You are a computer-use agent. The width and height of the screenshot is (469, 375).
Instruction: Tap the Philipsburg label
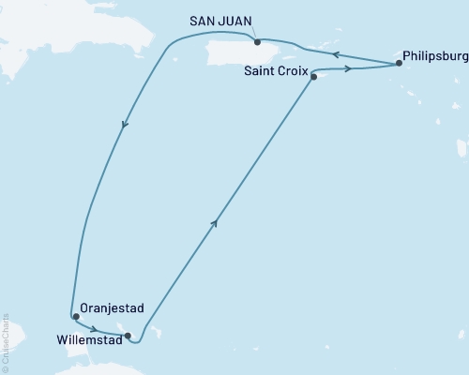(x=432, y=55)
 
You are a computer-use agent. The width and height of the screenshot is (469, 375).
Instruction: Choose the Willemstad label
(x=87, y=335)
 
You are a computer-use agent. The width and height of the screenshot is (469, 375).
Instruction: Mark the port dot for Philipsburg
(x=400, y=64)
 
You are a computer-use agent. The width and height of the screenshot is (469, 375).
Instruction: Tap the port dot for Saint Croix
(x=313, y=77)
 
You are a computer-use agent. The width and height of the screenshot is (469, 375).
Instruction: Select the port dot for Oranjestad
(x=76, y=317)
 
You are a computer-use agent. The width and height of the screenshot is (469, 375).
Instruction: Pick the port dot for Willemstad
(x=128, y=335)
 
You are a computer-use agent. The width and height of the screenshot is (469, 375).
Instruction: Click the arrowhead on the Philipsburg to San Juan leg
(x=337, y=52)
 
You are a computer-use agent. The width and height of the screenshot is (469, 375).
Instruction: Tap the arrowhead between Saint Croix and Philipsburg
(x=349, y=68)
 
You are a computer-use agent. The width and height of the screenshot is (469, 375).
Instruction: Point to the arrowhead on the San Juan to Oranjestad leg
(x=125, y=125)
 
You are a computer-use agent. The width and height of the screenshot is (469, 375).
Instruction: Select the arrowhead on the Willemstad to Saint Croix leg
(x=217, y=222)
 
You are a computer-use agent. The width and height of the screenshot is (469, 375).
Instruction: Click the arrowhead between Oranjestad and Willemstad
(x=94, y=328)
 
